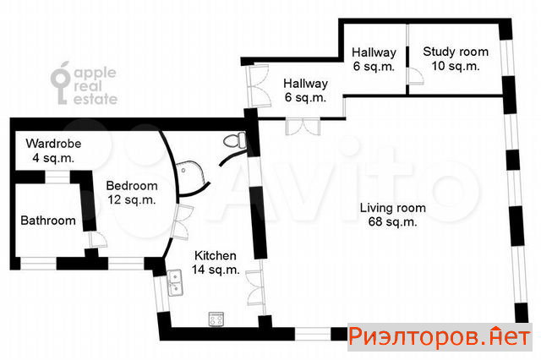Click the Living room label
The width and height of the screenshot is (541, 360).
[x=392, y=215]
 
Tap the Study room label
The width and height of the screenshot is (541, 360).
[x=456, y=58]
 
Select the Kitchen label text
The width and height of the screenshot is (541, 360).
[x=216, y=263]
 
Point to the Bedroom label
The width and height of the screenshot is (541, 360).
[x=132, y=193]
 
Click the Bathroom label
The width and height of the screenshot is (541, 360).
[x=48, y=221]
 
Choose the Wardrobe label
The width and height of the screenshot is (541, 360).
[x=53, y=150]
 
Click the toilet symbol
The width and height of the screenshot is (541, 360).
[x=235, y=140]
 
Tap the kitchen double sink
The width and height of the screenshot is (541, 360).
[x=175, y=283]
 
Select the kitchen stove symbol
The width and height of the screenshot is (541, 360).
[x=216, y=319]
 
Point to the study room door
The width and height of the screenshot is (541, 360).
[x=416, y=76]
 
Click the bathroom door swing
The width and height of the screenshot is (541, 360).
[x=98, y=239]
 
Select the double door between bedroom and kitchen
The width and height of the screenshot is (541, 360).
[x=183, y=222]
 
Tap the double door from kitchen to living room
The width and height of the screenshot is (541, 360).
[x=255, y=288]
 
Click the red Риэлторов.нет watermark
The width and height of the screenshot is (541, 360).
[x=440, y=336]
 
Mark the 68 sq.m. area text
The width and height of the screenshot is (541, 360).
[x=392, y=221]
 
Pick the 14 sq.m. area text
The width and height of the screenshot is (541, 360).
[x=216, y=270]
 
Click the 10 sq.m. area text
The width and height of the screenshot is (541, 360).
[x=456, y=66]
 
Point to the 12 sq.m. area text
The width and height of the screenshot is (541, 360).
[x=132, y=199]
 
